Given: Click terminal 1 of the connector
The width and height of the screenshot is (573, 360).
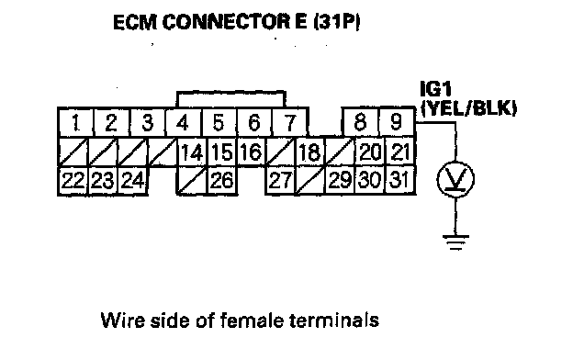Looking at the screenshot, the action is [x=76, y=122].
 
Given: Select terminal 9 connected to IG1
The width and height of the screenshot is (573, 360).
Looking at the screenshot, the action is [x=397, y=122].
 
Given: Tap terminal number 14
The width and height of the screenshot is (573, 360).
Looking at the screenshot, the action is [x=192, y=152].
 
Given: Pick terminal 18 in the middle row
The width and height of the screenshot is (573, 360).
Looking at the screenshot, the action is [x=309, y=152].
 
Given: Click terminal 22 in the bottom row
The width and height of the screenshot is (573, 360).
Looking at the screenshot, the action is [x=73, y=181].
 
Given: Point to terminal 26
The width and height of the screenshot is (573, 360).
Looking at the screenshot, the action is [x=222, y=181].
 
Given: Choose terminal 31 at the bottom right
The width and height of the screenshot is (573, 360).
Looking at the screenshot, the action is [x=399, y=181].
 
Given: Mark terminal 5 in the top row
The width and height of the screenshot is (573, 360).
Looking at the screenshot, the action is [x=219, y=122].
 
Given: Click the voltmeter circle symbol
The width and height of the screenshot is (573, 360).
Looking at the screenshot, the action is [x=455, y=179].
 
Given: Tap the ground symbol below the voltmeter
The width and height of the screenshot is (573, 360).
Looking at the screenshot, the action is [x=455, y=242].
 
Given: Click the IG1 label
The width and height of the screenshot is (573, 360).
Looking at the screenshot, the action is [x=436, y=89].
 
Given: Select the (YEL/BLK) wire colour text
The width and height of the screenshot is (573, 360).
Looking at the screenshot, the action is [x=469, y=107].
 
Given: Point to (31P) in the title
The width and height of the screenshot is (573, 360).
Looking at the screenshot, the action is [x=337, y=22].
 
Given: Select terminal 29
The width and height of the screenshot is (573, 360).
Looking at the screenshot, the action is [x=340, y=181].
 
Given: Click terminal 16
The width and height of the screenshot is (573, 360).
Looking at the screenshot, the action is [x=252, y=152].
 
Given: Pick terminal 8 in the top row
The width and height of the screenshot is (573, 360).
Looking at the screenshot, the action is [x=360, y=122].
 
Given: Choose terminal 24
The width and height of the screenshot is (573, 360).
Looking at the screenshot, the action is [x=132, y=181].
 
